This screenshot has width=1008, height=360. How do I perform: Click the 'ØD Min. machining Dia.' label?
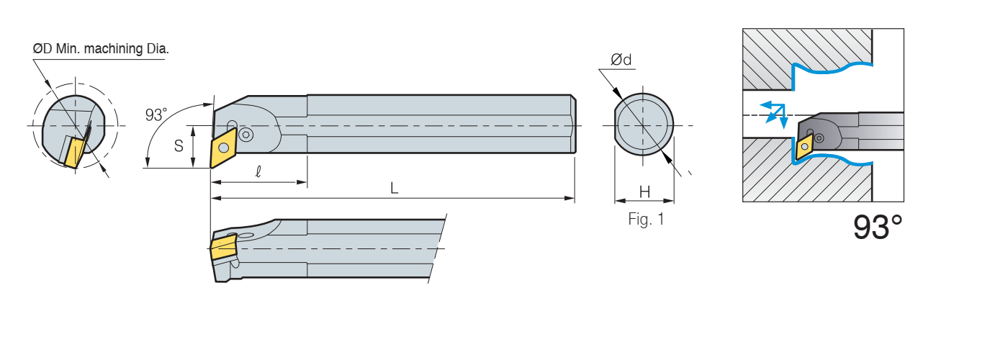101,49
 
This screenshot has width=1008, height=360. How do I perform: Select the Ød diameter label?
621,60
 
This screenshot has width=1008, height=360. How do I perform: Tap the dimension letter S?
179,145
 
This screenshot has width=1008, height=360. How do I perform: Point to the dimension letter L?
394,188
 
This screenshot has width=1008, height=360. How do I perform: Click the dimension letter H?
644,192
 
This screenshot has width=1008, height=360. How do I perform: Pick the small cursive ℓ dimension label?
258,172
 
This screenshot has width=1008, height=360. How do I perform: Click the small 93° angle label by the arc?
156,114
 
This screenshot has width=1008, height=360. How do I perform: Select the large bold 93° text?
878,228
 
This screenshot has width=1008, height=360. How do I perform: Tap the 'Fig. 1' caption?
646,220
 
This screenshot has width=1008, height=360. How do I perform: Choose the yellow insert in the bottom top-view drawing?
223,248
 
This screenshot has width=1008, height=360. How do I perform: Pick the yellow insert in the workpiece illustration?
804,146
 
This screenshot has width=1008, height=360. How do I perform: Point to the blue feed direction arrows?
774,112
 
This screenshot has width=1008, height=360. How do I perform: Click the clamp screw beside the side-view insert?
246,135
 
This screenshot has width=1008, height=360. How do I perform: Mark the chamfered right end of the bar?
574,125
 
